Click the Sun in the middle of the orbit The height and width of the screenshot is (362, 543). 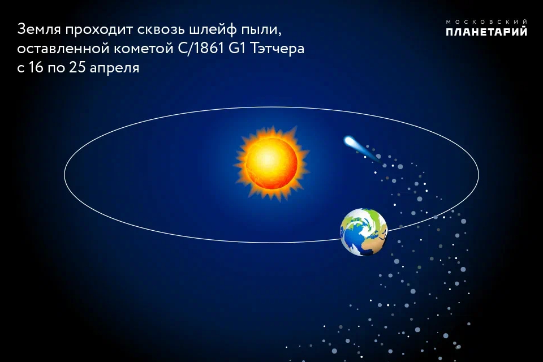271,162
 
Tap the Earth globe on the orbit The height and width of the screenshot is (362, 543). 364,232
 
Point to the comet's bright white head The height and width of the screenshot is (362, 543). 349,141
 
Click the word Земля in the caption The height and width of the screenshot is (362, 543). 39,29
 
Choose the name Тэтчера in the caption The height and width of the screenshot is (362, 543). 277,49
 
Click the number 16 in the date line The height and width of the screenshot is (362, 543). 35,67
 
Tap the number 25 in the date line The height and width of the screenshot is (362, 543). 77,67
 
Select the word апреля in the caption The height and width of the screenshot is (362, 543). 114,68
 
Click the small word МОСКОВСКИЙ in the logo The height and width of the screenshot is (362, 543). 486,22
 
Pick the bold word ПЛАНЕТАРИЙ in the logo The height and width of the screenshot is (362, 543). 486,32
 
